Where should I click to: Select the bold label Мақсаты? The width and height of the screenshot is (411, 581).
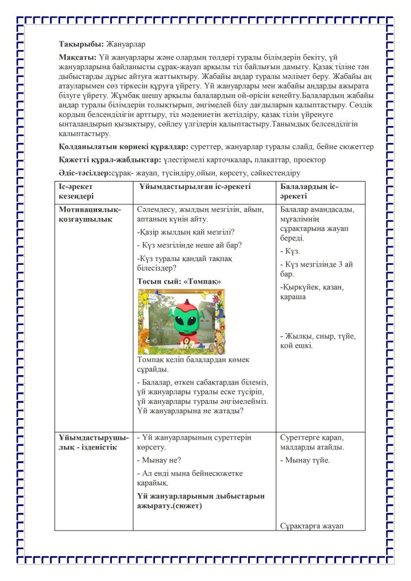coord(77,58)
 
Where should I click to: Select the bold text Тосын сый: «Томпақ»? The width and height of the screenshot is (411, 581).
coord(179,281)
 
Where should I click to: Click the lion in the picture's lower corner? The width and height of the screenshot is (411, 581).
coord(146,344)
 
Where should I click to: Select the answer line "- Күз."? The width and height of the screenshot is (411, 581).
coord(291,250)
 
